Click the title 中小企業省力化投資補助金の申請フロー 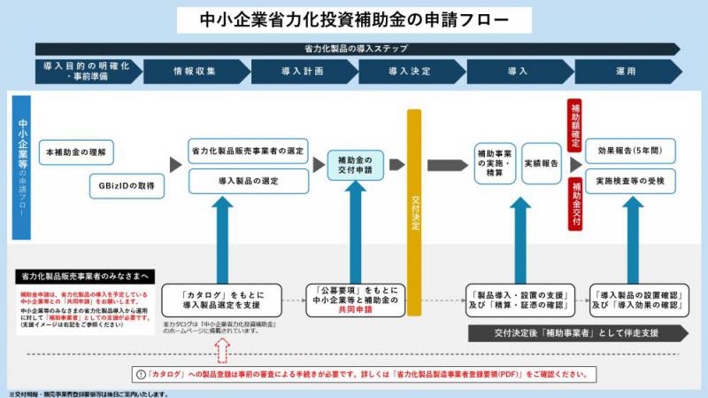[354, 19]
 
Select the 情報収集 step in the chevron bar [195, 71]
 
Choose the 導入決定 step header [410, 71]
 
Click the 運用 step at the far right [625, 71]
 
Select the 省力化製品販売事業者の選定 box [248, 152]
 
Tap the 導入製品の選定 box [248, 181]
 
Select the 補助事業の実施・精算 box [495, 165]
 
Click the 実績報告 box [541, 165]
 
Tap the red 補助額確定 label [575, 124]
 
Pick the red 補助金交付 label [576, 204]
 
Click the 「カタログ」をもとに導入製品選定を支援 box [221, 300]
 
